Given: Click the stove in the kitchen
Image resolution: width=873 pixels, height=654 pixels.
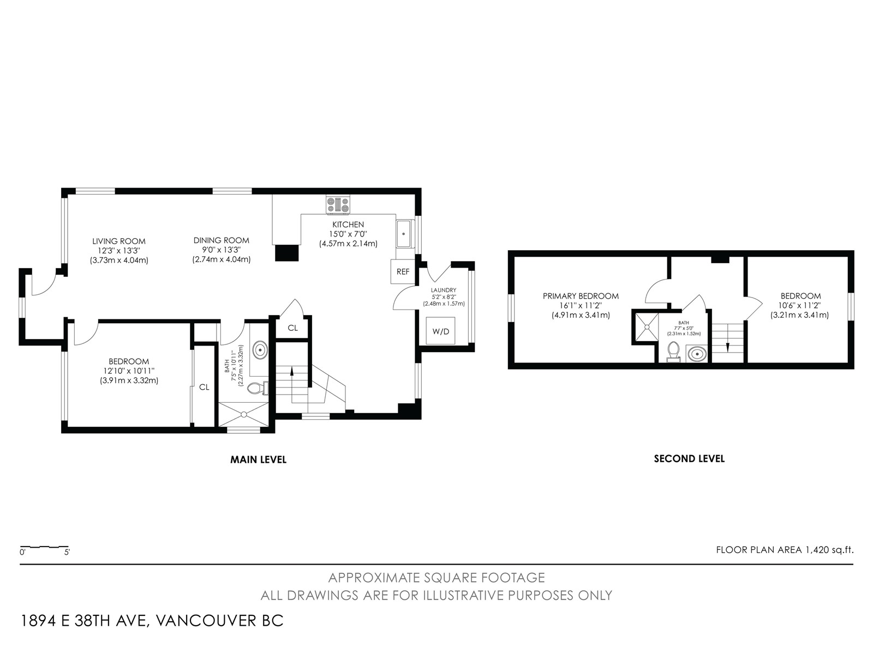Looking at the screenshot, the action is pos(338,204).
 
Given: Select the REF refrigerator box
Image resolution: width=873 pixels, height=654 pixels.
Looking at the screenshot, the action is pos(403,271).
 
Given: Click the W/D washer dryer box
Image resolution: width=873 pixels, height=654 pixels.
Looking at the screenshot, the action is pos(441,331).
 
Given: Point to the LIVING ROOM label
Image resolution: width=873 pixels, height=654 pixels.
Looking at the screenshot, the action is pos(119,241).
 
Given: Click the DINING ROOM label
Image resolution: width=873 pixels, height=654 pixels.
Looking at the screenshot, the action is pos(221,240).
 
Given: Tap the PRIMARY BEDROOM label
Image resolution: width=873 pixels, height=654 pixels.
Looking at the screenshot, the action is pos(581,296).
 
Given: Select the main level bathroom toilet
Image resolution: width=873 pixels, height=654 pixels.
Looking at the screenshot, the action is pos(258,387).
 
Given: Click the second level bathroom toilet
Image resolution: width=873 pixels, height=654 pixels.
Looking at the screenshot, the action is pos(673,352).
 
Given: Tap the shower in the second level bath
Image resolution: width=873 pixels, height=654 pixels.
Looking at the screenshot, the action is pos(647,327).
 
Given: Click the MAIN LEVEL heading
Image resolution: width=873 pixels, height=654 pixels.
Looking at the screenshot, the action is pos(259,460).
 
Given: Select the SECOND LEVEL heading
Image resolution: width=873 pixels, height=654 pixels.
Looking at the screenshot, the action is pos(689,459).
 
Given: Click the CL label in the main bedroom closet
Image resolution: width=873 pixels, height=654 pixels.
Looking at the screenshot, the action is pos(204,387).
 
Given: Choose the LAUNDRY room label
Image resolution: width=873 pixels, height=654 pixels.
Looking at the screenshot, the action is pos(444,290).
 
